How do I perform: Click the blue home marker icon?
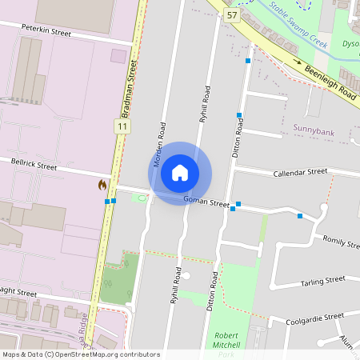tap(180, 173)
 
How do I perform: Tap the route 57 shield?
tap(232, 15)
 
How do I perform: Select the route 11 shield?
tap(121, 126)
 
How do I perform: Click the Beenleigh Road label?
tap(330, 82)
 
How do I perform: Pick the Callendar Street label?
tap(300, 172)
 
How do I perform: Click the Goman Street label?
tap(206, 202)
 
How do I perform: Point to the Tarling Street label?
tap(322, 281)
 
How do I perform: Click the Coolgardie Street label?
tap(315, 318)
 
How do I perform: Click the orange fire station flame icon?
tap(102, 185)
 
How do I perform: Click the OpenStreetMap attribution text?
tap(80, 354)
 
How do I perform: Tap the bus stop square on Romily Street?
tap(300, 216)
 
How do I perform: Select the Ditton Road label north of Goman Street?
tap(237, 141)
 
